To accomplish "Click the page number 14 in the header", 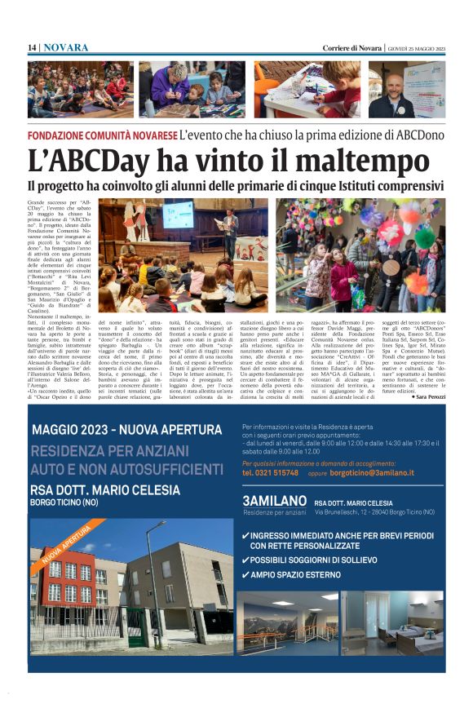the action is [32, 48].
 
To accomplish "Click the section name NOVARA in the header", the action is [66, 48].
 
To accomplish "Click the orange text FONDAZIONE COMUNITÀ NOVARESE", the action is [102, 135].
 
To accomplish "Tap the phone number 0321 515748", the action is [270, 472].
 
